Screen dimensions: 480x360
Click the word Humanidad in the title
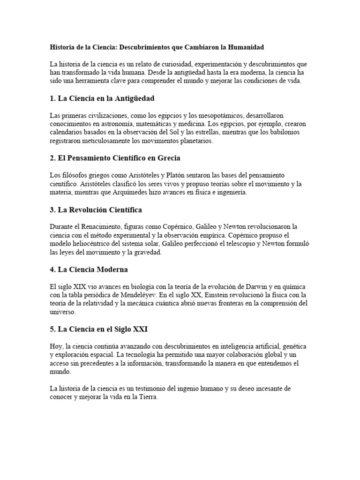pos(244,47)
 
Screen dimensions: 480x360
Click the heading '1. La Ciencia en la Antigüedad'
pos(102,98)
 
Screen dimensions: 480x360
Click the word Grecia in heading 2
pos(166,158)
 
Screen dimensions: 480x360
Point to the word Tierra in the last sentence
pos(147,397)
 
